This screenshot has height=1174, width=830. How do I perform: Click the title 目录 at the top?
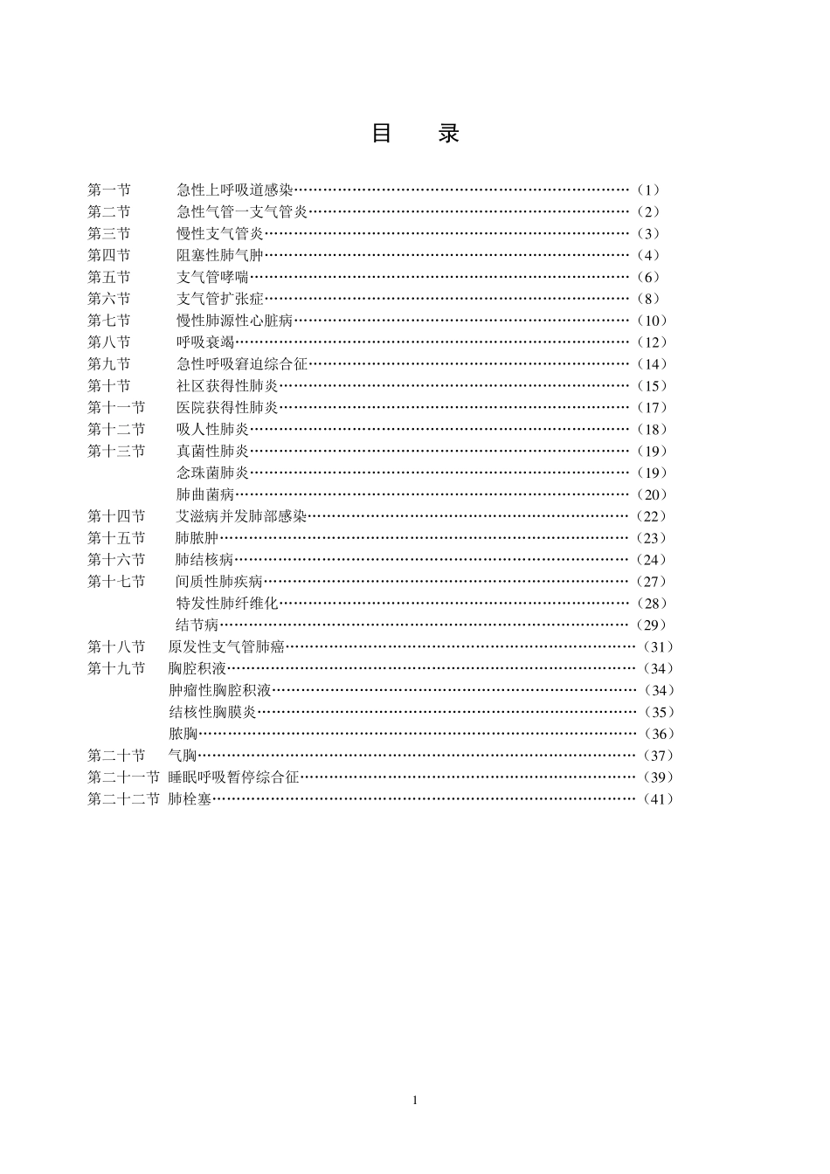[415, 134]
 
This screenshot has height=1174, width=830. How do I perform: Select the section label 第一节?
[109, 190]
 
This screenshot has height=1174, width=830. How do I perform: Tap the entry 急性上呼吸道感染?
[235, 190]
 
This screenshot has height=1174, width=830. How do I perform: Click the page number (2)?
[648, 211]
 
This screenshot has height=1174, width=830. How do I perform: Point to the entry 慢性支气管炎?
[220, 233]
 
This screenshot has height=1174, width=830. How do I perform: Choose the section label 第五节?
[109, 277]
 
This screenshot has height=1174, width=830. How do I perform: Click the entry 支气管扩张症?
[220, 299]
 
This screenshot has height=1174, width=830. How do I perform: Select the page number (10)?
[652, 321]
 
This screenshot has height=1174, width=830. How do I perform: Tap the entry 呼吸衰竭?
[205, 342]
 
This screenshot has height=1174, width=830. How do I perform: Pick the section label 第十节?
[109, 385]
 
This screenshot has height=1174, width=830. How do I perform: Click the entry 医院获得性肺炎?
[227, 407]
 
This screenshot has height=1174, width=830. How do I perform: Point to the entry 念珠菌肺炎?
[213, 473]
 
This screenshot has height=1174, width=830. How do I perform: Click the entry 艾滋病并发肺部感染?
[242, 516]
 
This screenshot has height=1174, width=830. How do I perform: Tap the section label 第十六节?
[116, 559]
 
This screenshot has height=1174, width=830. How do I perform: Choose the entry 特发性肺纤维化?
[227, 603]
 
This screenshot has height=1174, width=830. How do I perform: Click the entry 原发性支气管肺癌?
[227, 646]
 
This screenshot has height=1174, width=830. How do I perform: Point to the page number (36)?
[659, 734]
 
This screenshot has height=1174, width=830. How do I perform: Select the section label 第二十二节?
[123, 798]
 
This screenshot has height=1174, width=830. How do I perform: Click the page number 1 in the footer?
[415, 1100]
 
